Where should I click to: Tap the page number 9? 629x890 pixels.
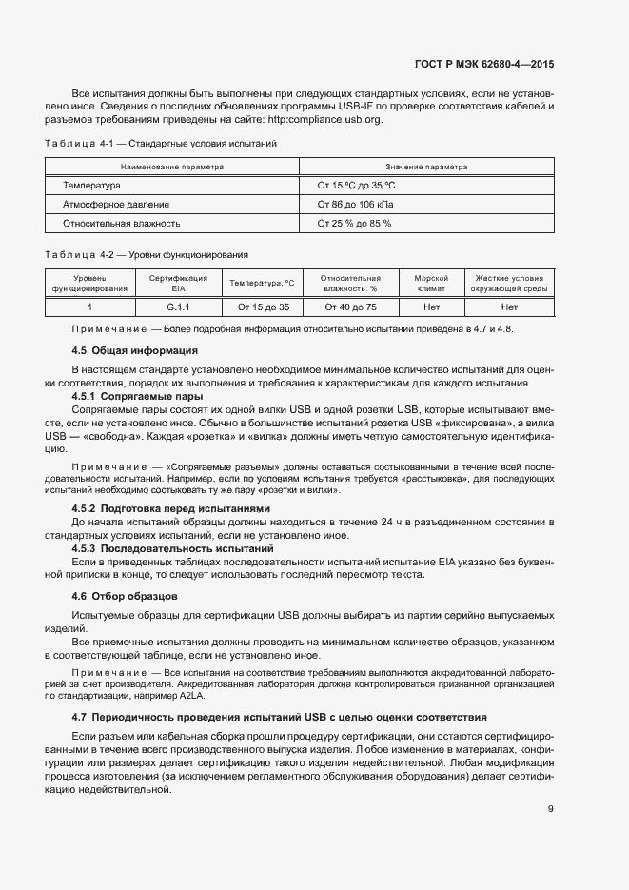coord(550,810)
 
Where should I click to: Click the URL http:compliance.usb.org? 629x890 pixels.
coord(324,120)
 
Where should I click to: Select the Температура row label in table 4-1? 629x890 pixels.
coord(91,186)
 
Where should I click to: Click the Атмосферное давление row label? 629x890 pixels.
coord(116,205)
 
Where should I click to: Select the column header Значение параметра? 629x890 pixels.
coord(425,167)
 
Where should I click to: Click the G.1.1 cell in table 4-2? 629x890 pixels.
coord(178,307)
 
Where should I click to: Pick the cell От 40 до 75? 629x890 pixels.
coord(350,307)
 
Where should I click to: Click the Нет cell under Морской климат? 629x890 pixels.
coord(431,307)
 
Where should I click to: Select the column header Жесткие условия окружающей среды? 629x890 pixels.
coord(509,283)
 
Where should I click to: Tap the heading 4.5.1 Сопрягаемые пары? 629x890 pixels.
coord(137,396)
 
